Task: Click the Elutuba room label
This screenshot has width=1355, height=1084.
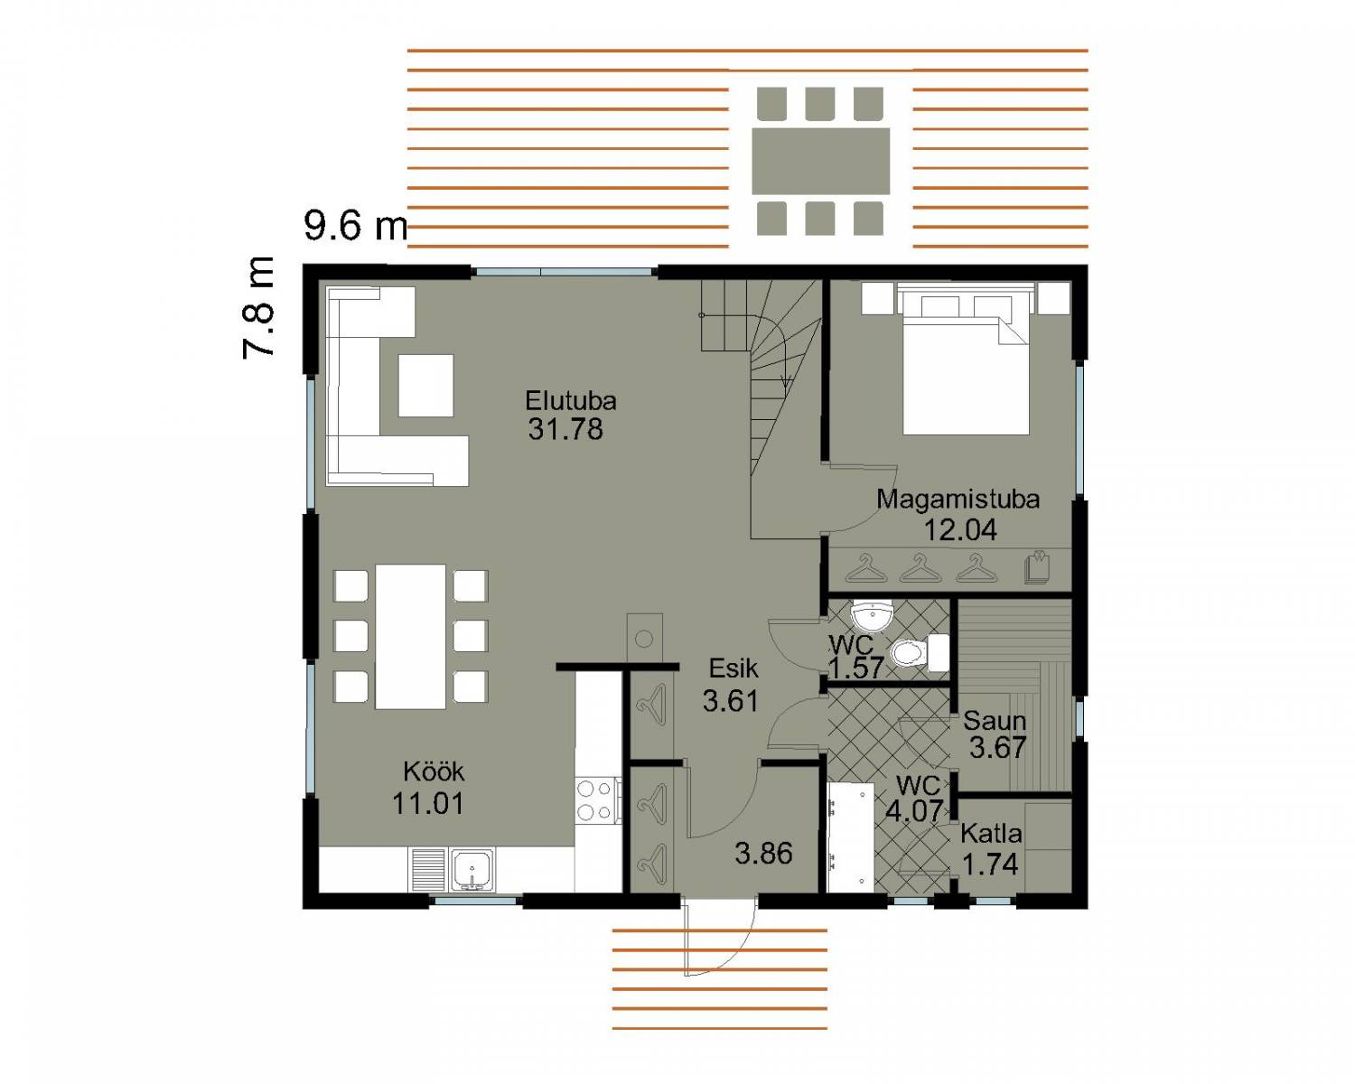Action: [571, 400]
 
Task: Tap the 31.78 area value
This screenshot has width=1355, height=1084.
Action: [565, 429]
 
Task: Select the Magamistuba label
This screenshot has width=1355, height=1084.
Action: [958, 500]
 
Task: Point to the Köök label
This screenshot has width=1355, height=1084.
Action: [434, 771]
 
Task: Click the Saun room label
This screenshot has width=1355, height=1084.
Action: [995, 720]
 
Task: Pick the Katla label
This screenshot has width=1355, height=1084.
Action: [990, 833]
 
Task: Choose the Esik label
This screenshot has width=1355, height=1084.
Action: [734, 668]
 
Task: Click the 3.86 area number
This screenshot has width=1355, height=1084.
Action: [763, 854]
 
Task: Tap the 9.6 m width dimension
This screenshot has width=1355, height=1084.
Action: [356, 225]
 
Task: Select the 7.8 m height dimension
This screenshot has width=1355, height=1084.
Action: [258, 308]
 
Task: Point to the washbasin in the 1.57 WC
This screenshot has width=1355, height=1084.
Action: [872, 617]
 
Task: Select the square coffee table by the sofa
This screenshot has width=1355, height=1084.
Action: [426, 386]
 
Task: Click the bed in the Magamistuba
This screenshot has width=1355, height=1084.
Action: [966, 359]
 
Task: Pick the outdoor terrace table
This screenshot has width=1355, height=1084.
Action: [820, 162]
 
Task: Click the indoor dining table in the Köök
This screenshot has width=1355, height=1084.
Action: [410, 636]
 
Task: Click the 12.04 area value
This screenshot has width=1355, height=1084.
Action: [960, 529]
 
